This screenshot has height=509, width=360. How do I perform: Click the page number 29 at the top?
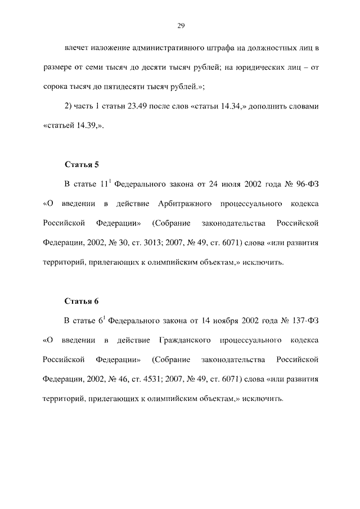180,25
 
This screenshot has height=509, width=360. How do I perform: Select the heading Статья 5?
82,165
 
